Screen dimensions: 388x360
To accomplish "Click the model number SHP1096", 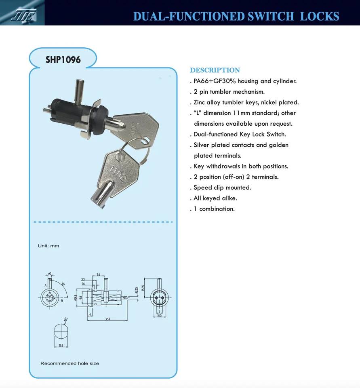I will [63, 60].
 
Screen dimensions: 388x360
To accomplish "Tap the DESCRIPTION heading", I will [215, 70].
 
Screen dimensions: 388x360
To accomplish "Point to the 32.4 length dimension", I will [107, 319].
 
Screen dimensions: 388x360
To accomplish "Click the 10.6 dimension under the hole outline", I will [61, 345].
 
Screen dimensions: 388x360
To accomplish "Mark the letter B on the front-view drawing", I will [61, 301].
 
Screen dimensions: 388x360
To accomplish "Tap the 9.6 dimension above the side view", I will [99, 274].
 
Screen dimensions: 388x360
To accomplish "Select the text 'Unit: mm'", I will [48, 246].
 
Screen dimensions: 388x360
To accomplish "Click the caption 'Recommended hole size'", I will [69, 363].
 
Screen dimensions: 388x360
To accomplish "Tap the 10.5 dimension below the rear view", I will [159, 315].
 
